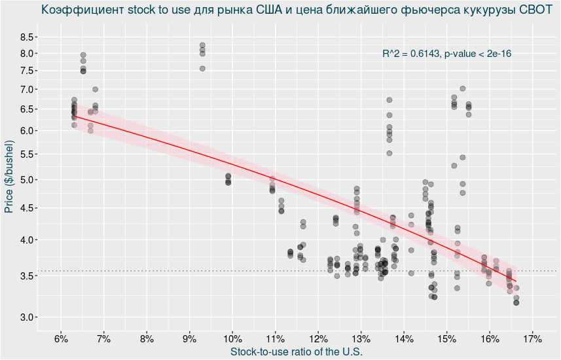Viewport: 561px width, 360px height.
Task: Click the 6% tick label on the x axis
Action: pos(61,338)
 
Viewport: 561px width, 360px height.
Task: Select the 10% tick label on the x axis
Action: pos(232,338)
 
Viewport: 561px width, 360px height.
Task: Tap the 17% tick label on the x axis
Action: pos(532,338)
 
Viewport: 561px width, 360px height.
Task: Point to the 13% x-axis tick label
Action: pos(361,338)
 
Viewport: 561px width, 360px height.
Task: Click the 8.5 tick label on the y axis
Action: pos(28,37)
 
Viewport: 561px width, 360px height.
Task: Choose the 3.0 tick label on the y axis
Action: pos(28,317)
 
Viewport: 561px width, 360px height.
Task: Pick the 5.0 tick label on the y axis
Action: pos(28,180)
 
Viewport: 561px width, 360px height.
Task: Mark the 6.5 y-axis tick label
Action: pos(28,109)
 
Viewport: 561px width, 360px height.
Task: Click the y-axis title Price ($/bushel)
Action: pos(9,177)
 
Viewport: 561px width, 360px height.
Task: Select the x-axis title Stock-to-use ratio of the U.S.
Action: pos(297,352)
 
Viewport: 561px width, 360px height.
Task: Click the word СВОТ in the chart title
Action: pos(535,10)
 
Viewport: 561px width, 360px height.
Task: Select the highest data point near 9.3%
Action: pos(202,45)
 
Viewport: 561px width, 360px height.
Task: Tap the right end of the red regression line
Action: pos(516,281)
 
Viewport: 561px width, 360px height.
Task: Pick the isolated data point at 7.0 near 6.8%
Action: pos(95,89)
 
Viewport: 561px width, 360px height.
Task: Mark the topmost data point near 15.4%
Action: pos(462,88)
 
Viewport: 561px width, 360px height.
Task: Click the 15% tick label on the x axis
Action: pos(446,338)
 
